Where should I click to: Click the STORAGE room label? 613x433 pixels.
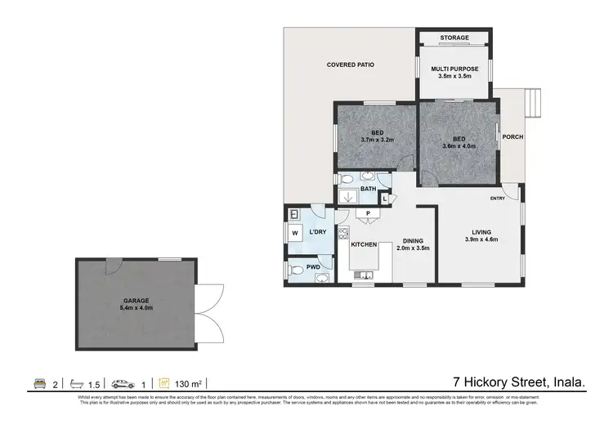click(454, 38)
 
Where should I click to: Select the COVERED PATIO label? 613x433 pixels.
click(351, 65)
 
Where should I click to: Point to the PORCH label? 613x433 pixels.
click(512, 136)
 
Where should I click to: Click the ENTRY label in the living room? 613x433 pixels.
click(498, 199)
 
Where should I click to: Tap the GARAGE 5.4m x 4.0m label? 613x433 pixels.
click(136, 305)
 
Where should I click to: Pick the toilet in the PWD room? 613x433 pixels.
click(297, 268)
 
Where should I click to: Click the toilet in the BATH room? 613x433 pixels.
click(347, 179)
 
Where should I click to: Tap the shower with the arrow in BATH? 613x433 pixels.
click(350, 197)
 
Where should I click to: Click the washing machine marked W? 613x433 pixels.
click(295, 234)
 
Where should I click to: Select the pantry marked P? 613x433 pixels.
click(369, 215)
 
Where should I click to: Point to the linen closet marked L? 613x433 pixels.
click(383, 199)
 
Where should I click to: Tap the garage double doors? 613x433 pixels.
click(211, 304)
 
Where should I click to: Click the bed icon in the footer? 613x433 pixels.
click(39, 382)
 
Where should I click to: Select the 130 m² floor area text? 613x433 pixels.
click(191, 382)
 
